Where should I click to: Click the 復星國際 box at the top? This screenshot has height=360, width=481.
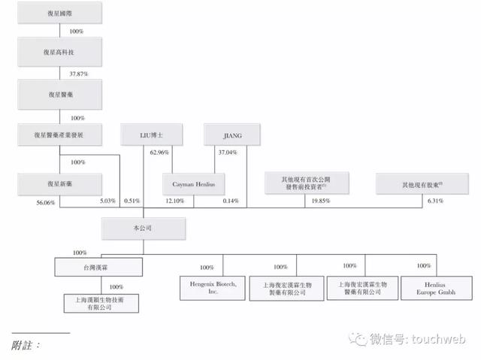[x=59, y=14]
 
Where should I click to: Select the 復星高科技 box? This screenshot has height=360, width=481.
[x=59, y=53]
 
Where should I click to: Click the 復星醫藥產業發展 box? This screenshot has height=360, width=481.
[x=59, y=135]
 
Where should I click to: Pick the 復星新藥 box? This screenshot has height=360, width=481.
[x=59, y=183]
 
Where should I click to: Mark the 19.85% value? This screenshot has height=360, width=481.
[x=324, y=202]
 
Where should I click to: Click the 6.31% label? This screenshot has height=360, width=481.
[x=435, y=202]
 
